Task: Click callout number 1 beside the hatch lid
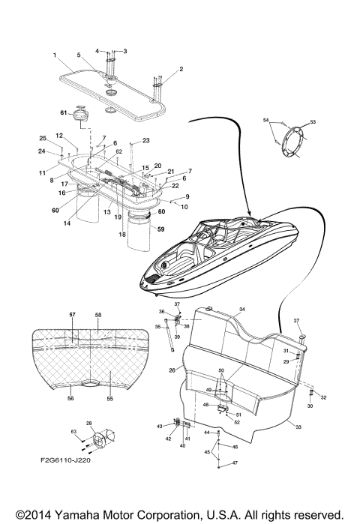pos(55,56)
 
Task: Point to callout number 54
pos(265,119)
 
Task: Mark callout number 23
pos(145,140)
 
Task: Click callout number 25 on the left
pos(43,139)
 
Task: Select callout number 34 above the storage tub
pos(241,309)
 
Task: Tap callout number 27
pos(297,321)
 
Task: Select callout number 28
pos(90,424)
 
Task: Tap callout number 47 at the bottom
pos(235,464)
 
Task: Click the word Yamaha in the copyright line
pos(80,514)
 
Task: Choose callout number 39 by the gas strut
pos(177,337)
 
